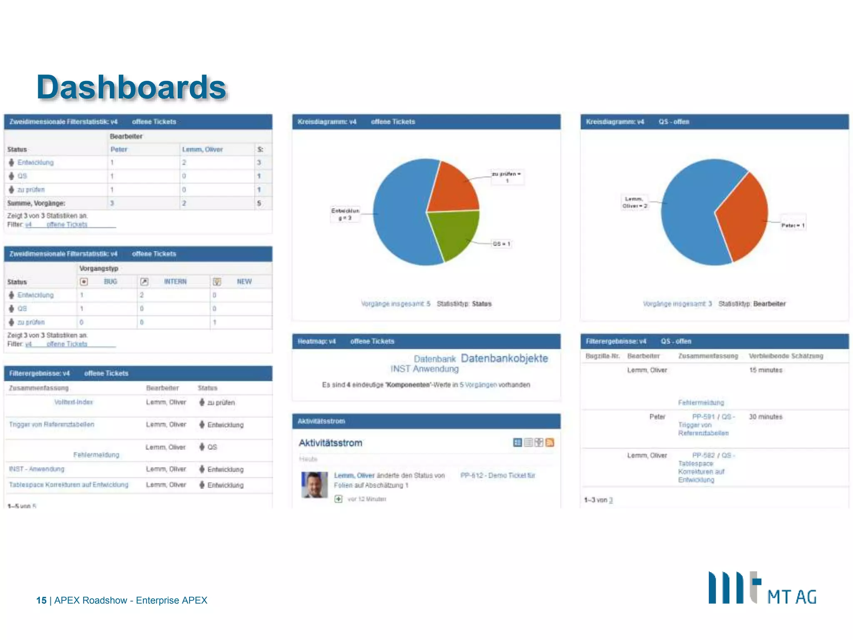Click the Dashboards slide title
click(131, 87)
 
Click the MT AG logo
click(762, 588)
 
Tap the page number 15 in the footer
click(41, 600)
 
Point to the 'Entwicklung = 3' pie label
click(345, 214)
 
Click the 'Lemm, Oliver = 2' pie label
click(634, 202)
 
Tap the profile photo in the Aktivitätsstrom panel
click(314, 485)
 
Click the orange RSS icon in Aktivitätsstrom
click(550, 442)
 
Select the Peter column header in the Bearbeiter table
click(119, 149)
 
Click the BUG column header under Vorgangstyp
click(110, 282)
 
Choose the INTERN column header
click(175, 282)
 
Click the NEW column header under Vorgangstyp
click(244, 282)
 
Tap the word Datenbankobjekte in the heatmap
click(504, 358)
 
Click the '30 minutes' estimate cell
click(766, 417)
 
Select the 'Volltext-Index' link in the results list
click(74, 402)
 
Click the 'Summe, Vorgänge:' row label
click(36, 203)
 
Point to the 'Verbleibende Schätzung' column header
click(786, 356)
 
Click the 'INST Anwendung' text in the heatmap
click(424, 369)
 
